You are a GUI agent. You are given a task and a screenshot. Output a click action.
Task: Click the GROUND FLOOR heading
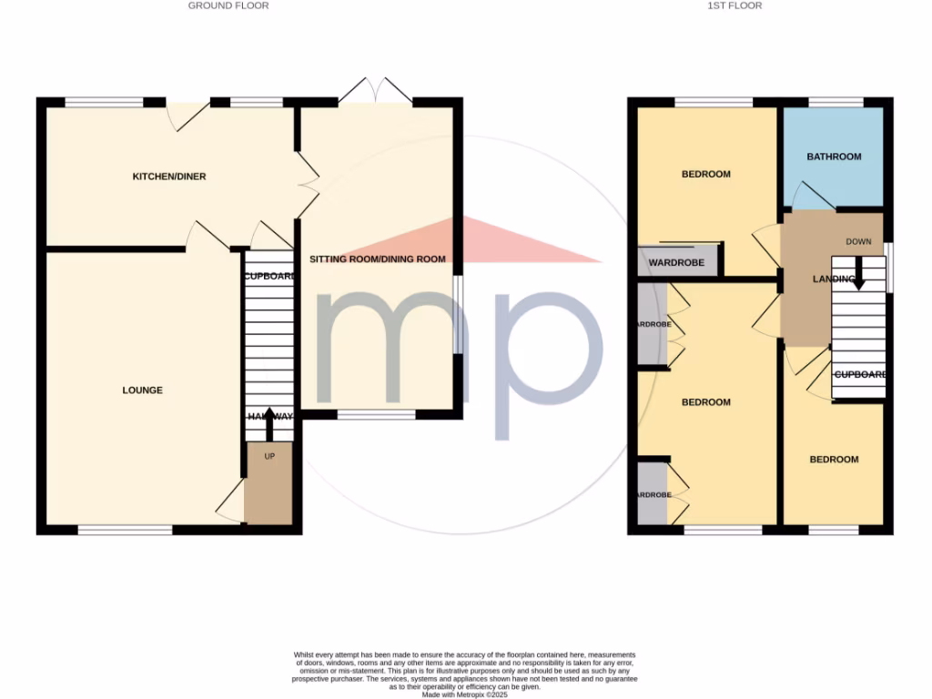(228, 5)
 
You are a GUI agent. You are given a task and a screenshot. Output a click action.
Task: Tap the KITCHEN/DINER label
(169, 177)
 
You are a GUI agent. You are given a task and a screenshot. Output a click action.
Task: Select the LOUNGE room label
(143, 390)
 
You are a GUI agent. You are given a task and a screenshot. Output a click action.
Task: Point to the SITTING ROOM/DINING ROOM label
(378, 259)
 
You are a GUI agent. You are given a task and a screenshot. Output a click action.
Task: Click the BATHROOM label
(834, 157)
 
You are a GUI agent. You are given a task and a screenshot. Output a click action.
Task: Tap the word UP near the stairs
(269, 456)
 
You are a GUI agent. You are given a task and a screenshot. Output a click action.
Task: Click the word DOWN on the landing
(858, 242)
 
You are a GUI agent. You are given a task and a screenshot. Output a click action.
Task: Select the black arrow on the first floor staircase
(857, 275)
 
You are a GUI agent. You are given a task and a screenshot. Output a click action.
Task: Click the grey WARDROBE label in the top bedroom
(677, 264)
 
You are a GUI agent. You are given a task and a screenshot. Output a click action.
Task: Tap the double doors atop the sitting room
(375, 91)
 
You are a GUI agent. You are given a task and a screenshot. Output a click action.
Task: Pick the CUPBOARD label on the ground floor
(269, 277)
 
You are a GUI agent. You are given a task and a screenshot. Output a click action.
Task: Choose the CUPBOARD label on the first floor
(860, 374)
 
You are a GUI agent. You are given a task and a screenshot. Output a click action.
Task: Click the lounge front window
(125, 530)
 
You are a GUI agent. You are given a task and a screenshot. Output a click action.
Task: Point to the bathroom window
(836, 102)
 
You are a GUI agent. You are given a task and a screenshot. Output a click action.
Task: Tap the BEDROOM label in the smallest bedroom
(834, 460)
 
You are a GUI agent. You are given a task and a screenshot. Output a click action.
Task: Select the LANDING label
(834, 279)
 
